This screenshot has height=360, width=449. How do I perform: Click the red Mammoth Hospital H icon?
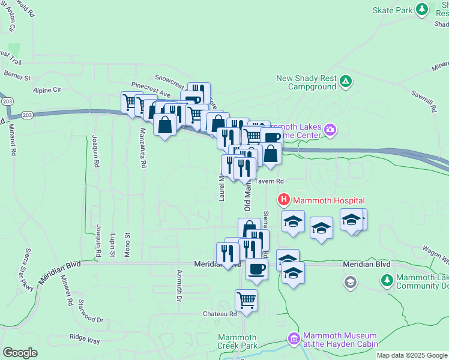[x=283, y=200]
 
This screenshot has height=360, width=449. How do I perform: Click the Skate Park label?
[x=393, y=10]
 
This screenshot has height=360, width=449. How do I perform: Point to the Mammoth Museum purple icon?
[x=294, y=339]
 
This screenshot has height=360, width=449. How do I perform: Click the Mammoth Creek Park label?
[x=237, y=341]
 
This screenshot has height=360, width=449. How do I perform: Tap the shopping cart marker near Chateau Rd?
[x=246, y=300]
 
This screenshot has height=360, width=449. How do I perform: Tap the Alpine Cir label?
[x=47, y=90]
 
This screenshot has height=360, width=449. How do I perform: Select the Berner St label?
[x=17, y=77]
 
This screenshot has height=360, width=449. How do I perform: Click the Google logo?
[x=20, y=352]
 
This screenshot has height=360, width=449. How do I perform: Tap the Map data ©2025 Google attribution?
[x=411, y=355]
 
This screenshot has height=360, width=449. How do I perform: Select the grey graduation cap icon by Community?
[x=351, y=281]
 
